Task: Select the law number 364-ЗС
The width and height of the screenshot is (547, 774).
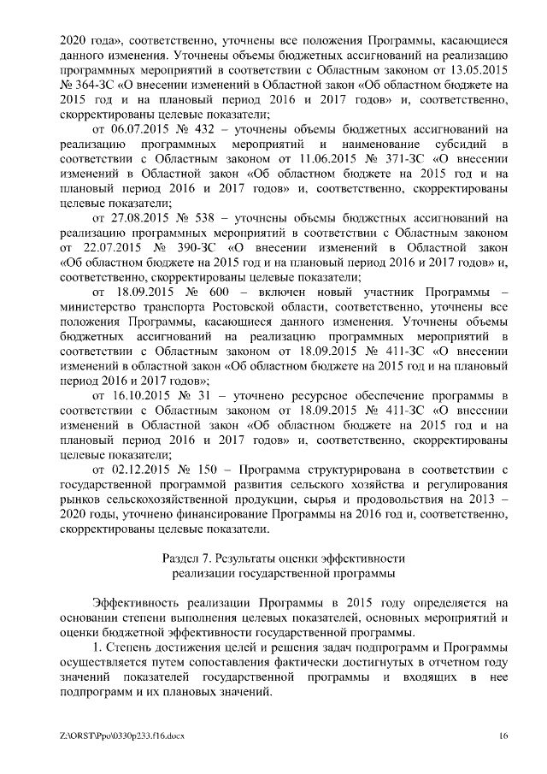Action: [x=97, y=86]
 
